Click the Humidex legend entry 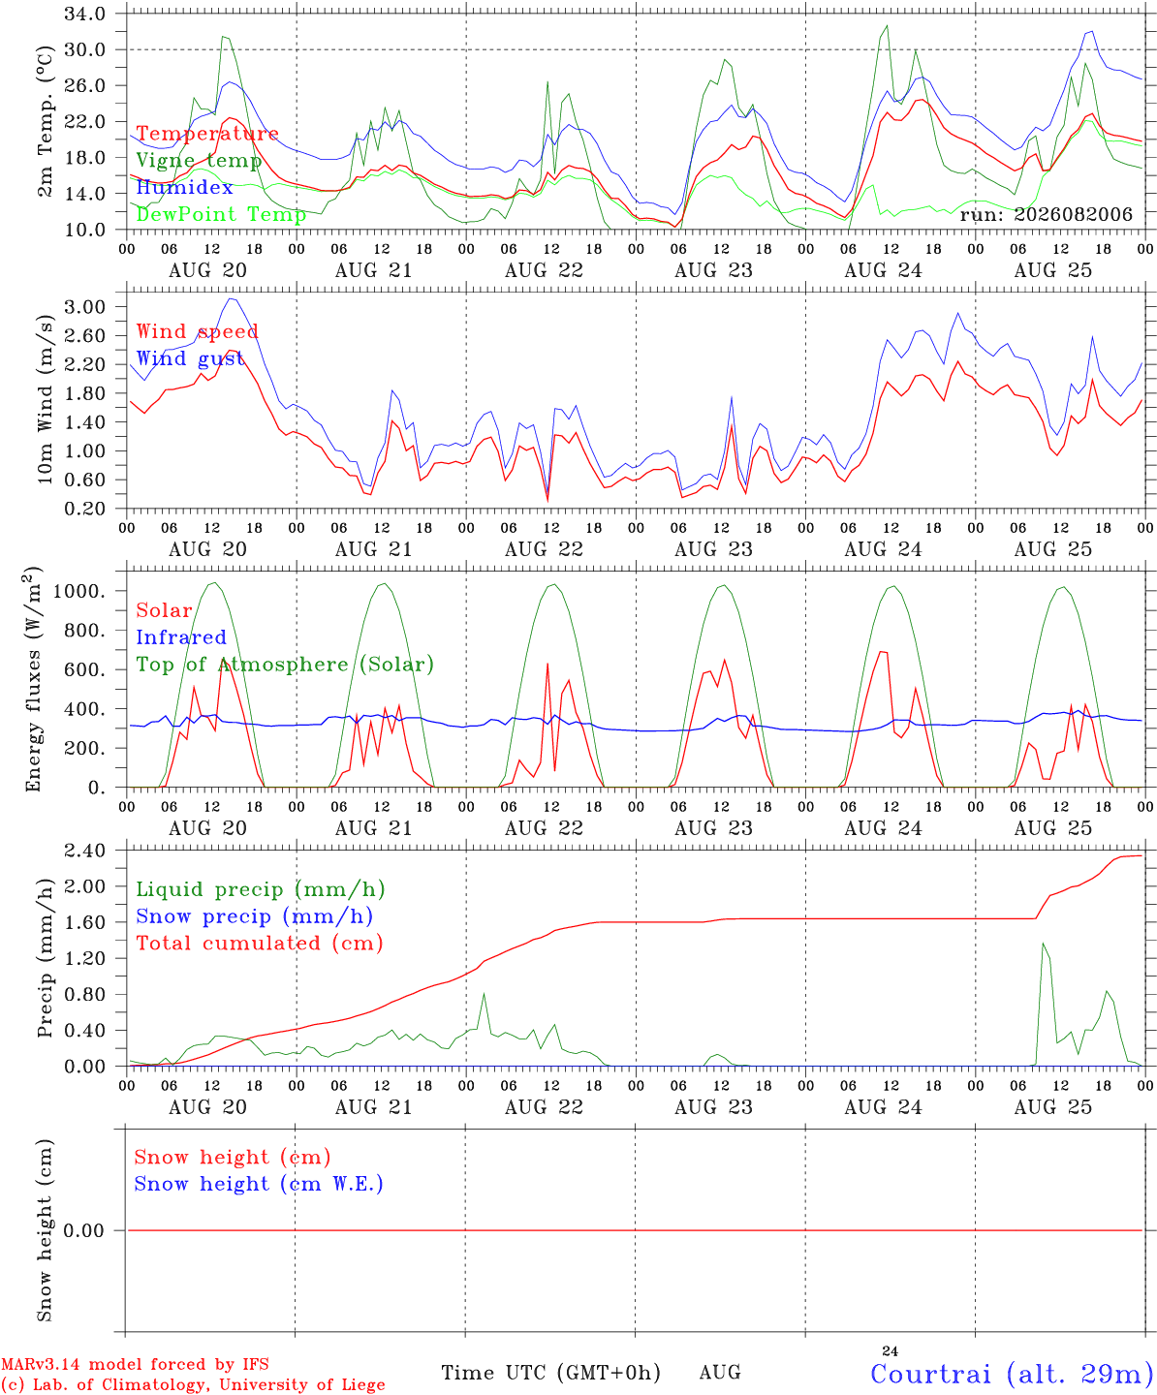[x=184, y=187]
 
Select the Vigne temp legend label [x=199, y=161]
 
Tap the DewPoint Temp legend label [x=221, y=214]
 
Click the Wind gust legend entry [x=191, y=358]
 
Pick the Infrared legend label [x=181, y=636]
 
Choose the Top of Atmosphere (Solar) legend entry [x=285, y=665]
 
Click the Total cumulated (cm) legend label [x=260, y=943]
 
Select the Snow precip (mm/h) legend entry [x=254, y=916]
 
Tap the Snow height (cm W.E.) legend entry [x=258, y=1183]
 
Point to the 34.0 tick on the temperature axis [x=84, y=14]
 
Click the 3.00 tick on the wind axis [x=84, y=307]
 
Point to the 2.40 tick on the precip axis [x=84, y=851]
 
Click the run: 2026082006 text [x=1046, y=214]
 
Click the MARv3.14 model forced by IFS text [x=135, y=1364]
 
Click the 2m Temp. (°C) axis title [x=45, y=122]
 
